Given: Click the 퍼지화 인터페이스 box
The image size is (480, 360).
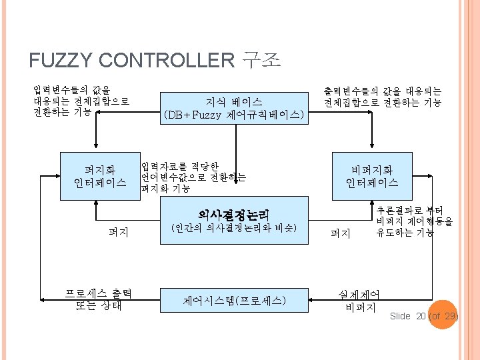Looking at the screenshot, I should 99,176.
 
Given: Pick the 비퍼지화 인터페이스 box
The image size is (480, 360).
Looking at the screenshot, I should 372,176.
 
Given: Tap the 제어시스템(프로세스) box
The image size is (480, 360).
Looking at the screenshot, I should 233,301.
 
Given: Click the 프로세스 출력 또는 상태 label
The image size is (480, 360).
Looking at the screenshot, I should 98,300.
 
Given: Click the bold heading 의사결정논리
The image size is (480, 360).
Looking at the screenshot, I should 233,215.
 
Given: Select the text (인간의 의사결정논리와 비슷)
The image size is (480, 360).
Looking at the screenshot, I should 233,228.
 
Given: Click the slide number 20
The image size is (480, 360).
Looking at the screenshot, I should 421,315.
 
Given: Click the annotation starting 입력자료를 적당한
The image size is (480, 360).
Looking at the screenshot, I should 193,177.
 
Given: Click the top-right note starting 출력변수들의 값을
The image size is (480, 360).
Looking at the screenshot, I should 383,97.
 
